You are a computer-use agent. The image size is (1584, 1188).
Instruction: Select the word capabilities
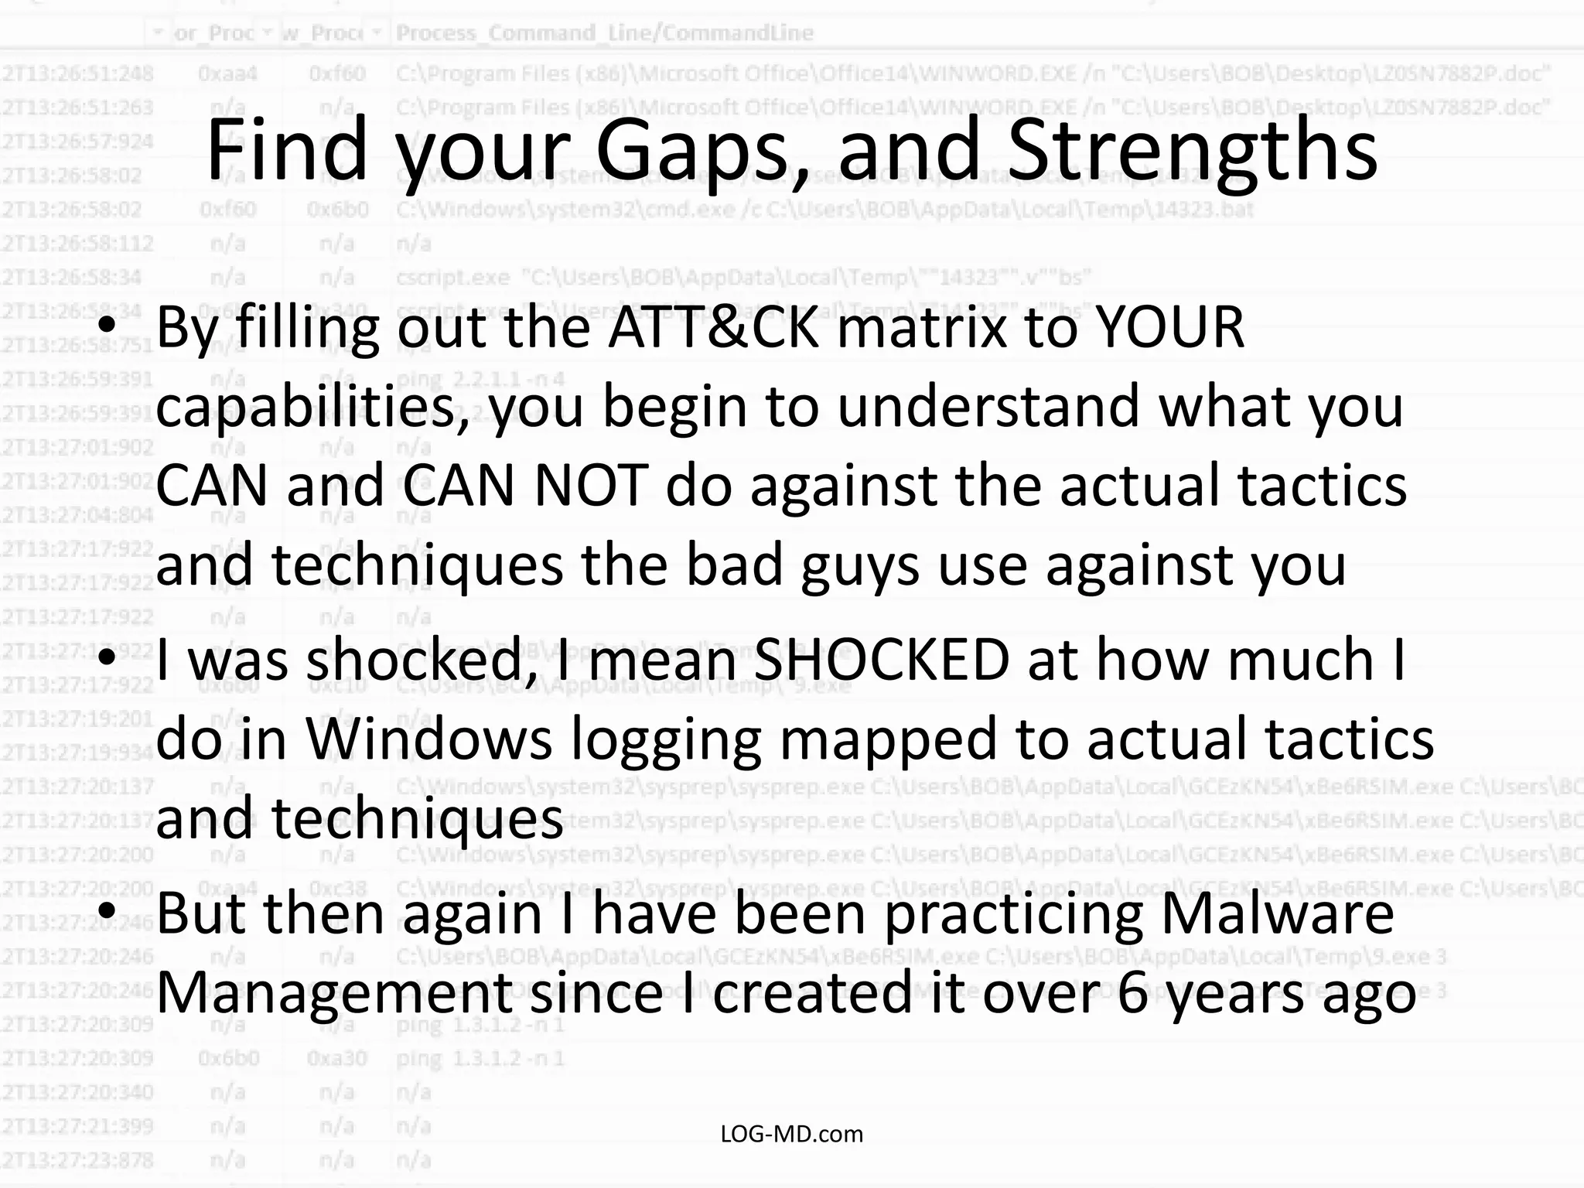[x=312, y=408]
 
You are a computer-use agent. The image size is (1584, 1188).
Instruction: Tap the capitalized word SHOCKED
[x=882, y=660]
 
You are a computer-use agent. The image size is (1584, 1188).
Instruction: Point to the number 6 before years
[x=1133, y=993]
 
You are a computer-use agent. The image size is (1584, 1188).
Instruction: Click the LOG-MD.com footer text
[x=791, y=1134]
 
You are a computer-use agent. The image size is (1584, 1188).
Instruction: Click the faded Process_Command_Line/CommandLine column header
[x=605, y=33]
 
